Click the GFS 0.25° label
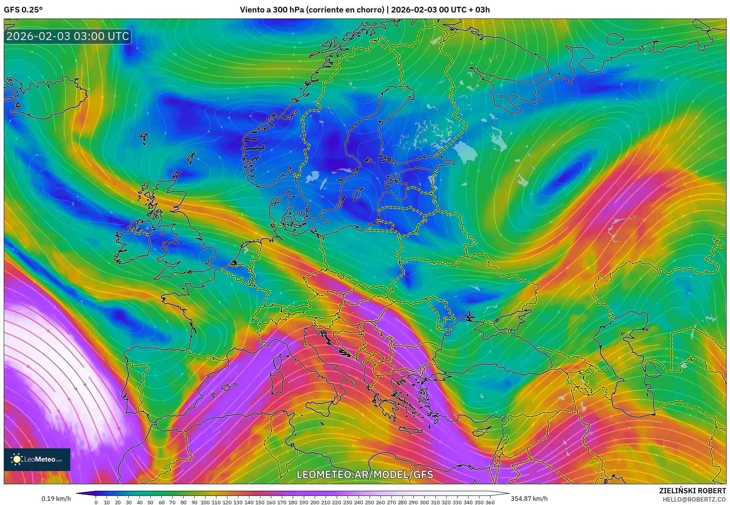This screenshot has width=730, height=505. [23, 10]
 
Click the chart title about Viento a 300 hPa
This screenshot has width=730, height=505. [365, 10]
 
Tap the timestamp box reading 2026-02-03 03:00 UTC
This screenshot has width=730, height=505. [68, 36]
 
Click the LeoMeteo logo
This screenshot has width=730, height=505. [37, 459]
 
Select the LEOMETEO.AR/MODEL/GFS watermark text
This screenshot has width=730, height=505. [365, 474]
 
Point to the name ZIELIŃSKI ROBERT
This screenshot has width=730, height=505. [692, 491]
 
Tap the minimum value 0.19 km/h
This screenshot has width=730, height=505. [56, 499]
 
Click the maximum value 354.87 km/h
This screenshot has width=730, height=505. [529, 499]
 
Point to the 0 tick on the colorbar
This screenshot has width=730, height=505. [96, 502]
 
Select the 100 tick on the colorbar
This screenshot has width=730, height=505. [205, 502]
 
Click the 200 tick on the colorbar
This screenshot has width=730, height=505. [315, 502]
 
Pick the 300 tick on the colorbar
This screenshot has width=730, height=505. [424, 502]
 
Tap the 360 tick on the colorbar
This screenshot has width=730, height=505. [490, 502]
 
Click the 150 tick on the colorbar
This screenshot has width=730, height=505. [260, 502]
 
